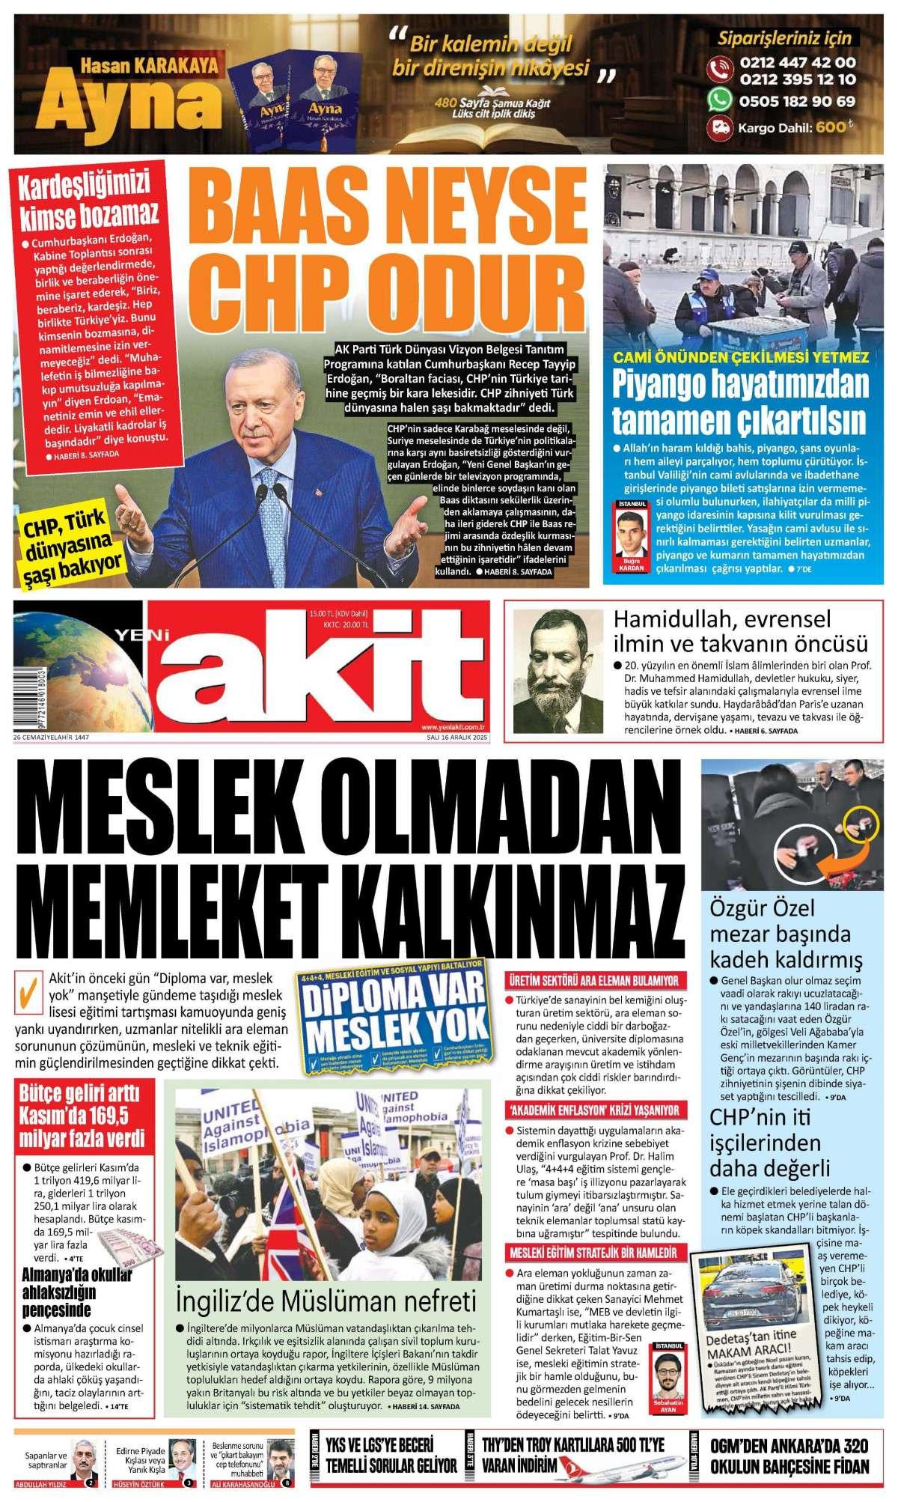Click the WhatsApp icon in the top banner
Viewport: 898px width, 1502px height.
pos(721,100)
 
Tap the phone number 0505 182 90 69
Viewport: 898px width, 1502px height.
pos(797,100)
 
